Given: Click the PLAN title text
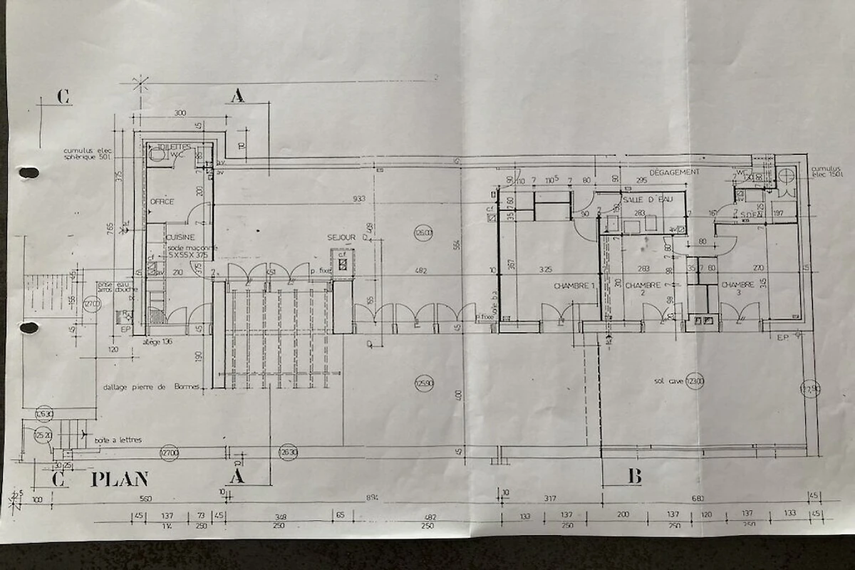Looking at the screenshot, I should pos(120,480).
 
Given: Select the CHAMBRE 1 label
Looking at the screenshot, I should pos(574,286).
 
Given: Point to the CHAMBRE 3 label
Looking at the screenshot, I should pos(737,285).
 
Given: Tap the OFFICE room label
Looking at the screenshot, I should pos(161,202).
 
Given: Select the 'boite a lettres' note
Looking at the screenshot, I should pos(118,440).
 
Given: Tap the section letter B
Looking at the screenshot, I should pos(634,477).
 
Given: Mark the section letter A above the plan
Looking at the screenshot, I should pos(238,97).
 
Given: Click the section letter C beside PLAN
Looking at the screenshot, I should pos(59,480).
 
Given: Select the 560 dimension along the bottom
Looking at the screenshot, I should pos(147,499).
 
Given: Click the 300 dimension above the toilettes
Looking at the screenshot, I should pos(179,113).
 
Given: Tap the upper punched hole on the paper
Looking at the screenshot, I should pos(28,172).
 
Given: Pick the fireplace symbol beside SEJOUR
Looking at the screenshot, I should pos(343,261).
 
